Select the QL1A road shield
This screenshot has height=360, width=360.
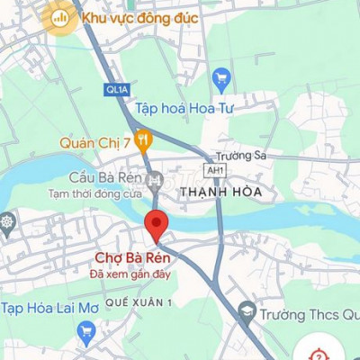click(118, 90)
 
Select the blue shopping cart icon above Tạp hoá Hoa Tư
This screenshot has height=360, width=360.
click(220, 80)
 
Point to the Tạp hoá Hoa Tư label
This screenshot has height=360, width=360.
click(189, 109)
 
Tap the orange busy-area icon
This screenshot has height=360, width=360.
click(61, 17)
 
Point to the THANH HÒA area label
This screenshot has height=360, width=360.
click(220, 193)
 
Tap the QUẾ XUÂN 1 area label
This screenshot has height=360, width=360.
click(139, 302)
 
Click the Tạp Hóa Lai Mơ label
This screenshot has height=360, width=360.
click(49, 308)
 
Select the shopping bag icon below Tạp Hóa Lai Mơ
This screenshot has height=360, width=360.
click(86, 333)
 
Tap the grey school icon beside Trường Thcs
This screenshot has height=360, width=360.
click(247, 313)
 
